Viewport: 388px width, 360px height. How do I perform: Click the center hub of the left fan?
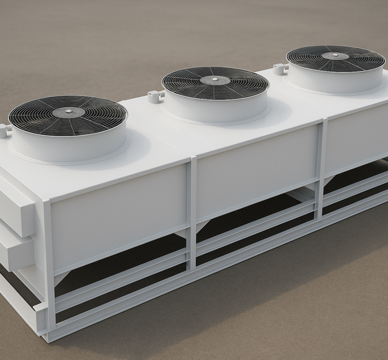69,112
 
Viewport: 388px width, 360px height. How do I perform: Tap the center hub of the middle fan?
215,80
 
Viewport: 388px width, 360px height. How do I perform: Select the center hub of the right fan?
335,55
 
